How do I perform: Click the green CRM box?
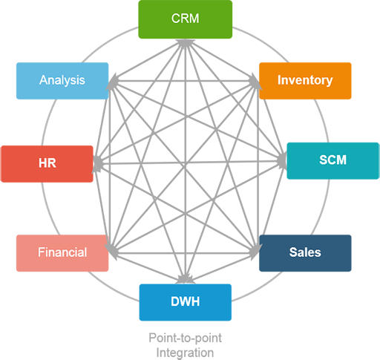186,19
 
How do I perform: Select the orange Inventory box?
305,81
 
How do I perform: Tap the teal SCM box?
332,161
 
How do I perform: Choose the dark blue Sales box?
305,253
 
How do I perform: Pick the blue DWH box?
186,302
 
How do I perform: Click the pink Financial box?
62,253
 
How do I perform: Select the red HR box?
47,164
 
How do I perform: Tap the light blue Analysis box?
62,81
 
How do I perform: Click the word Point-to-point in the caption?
185,338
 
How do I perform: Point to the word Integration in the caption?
185,353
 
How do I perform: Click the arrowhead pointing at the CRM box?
185,43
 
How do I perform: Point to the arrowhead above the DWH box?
185,279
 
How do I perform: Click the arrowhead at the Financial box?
111,252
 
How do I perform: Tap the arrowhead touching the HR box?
97,163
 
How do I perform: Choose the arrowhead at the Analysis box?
112,82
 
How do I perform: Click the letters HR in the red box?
47,163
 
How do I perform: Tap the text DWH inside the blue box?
186,301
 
